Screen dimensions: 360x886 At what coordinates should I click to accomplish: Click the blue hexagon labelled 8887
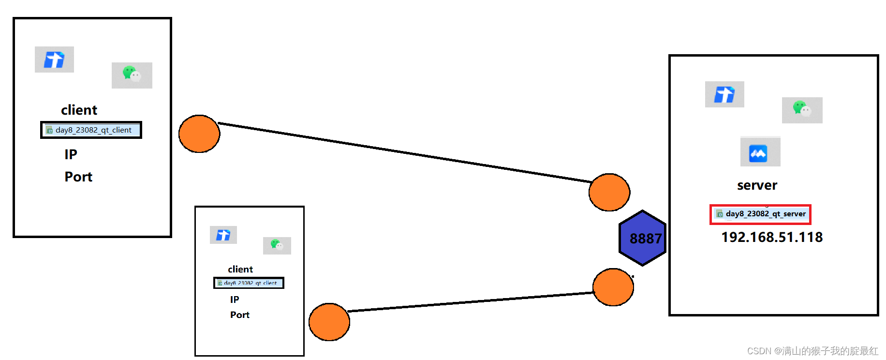pyautogui.click(x=643, y=238)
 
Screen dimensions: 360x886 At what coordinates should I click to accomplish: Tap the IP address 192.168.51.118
pyautogui.click(x=772, y=237)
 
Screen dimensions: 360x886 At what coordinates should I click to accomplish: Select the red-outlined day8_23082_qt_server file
pyautogui.click(x=760, y=214)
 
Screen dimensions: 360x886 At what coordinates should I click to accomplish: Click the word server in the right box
pyautogui.click(x=757, y=185)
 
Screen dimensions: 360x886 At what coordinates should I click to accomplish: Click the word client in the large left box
pyautogui.click(x=79, y=110)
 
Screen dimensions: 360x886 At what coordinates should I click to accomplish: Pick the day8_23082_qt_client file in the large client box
pyautogui.click(x=91, y=130)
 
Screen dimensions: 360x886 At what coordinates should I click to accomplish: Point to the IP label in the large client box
pyautogui.click(x=71, y=154)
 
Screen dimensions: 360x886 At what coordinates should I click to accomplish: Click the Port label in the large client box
pyautogui.click(x=78, y=177)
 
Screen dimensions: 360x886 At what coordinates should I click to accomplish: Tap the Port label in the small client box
pyautogui.click(x=239, y=315)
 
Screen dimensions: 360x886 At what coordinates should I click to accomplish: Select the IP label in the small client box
pyautogui.click(x=235, y=300)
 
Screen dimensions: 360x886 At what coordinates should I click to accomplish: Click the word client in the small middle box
pyautogui.click(x=240, y=269)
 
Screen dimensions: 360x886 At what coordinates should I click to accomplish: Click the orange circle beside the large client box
pyautogui.click(x=199, y=134)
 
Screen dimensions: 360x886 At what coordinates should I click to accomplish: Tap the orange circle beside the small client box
pyautogui.click(x=329, y=322)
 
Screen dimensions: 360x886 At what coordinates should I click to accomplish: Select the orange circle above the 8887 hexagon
pyautogui.click(x=609, y=192)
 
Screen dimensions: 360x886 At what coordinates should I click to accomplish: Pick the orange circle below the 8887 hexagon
pyautogui.click(x=613, y=287)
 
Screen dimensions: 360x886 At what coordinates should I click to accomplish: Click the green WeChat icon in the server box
pyautogui.click(x=801, y=109)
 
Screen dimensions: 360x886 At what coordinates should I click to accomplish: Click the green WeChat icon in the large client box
pyautogui.click(x=132, y=75)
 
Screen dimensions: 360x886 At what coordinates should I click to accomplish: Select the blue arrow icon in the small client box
pyautogui.click(x=223, y=235)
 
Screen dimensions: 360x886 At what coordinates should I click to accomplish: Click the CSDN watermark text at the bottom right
pyautogui.click(x=812, y=351)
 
